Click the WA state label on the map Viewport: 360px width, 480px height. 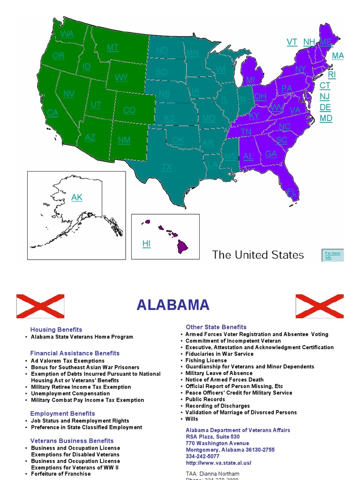click(67, 34)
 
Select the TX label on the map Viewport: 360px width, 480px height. click(167, 167)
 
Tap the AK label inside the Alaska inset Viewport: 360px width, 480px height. click(77, 198)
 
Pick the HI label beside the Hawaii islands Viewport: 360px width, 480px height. click(147, 244)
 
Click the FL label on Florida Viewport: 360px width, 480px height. click(292, 192)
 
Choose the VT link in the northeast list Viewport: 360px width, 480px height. click(292, 42)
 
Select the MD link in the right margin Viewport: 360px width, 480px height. click(326, 118)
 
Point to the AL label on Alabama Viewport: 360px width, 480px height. click(248, 157)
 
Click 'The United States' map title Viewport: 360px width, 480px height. click(258, 255)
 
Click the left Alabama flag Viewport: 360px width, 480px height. click(40, 306)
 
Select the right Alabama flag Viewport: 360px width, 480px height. click(319, 306)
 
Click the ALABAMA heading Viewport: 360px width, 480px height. click(173, 305)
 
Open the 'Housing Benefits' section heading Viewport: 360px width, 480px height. click(56, 330)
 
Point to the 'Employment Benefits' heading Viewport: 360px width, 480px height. click(62, 413)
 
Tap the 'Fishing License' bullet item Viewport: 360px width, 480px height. click(206, 360)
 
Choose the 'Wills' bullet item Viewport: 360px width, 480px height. click(192, 419)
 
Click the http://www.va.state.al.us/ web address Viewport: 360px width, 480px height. click(218, 463)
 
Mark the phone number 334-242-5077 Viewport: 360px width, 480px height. click(202, 456)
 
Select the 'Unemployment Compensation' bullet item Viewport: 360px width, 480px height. click(70, 394)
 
